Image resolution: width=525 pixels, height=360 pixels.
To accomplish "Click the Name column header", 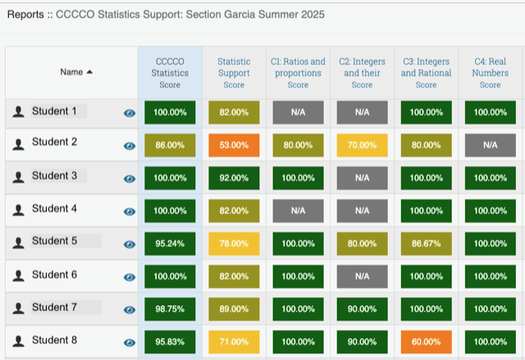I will pyautogui.click(x=76, y=72).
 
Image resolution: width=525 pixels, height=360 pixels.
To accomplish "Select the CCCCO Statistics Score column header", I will pyautogui.click(x=170, y=73).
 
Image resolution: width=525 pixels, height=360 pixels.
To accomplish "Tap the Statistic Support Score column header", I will pyautogui.click(x=234, y=73).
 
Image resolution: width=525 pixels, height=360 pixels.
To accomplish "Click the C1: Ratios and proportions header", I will pyautogui.click(x=298, y=73).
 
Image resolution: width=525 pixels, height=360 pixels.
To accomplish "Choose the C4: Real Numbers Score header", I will pyautogui.click(x=490, y=73).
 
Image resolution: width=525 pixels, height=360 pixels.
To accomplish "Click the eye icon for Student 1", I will pyautogui.click(x=129, y=113).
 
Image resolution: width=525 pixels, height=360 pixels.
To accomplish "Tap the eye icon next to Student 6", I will pyautogui.click(x=129, y=277).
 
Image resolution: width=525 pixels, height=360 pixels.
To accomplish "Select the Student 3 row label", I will pyautogui.click(x=54, y=176).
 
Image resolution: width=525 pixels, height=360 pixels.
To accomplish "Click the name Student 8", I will pyautogui.click(x=54, y=340).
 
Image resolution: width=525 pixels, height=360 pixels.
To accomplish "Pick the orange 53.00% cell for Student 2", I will pyautogui.click(x=234, y=145).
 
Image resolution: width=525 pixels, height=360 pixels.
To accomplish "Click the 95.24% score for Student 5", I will pyautogui.click(x=170, y=244).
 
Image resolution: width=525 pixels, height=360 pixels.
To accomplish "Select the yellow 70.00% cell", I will pyautogui.click(x=362, y=145).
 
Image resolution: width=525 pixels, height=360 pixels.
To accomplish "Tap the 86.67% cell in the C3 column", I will pyautogui.click(x=426, y=244).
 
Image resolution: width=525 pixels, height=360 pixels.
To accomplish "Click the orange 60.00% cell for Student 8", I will pyautogui.click(x=426, y=342).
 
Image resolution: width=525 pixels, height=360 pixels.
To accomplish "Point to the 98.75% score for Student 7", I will pyautogui.click(x=170, y=309).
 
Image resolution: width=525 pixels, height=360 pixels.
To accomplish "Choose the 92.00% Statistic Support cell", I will pyautogui.click(x=234, y=178).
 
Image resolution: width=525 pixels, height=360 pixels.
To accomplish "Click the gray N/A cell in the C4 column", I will pyautogui.click(x=490, y=145).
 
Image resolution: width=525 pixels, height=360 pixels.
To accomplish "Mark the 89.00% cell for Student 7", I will pyautogui.click(x=234, y=309).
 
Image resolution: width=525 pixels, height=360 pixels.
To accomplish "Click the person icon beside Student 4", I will pyautogui.click(x=18, y=211).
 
